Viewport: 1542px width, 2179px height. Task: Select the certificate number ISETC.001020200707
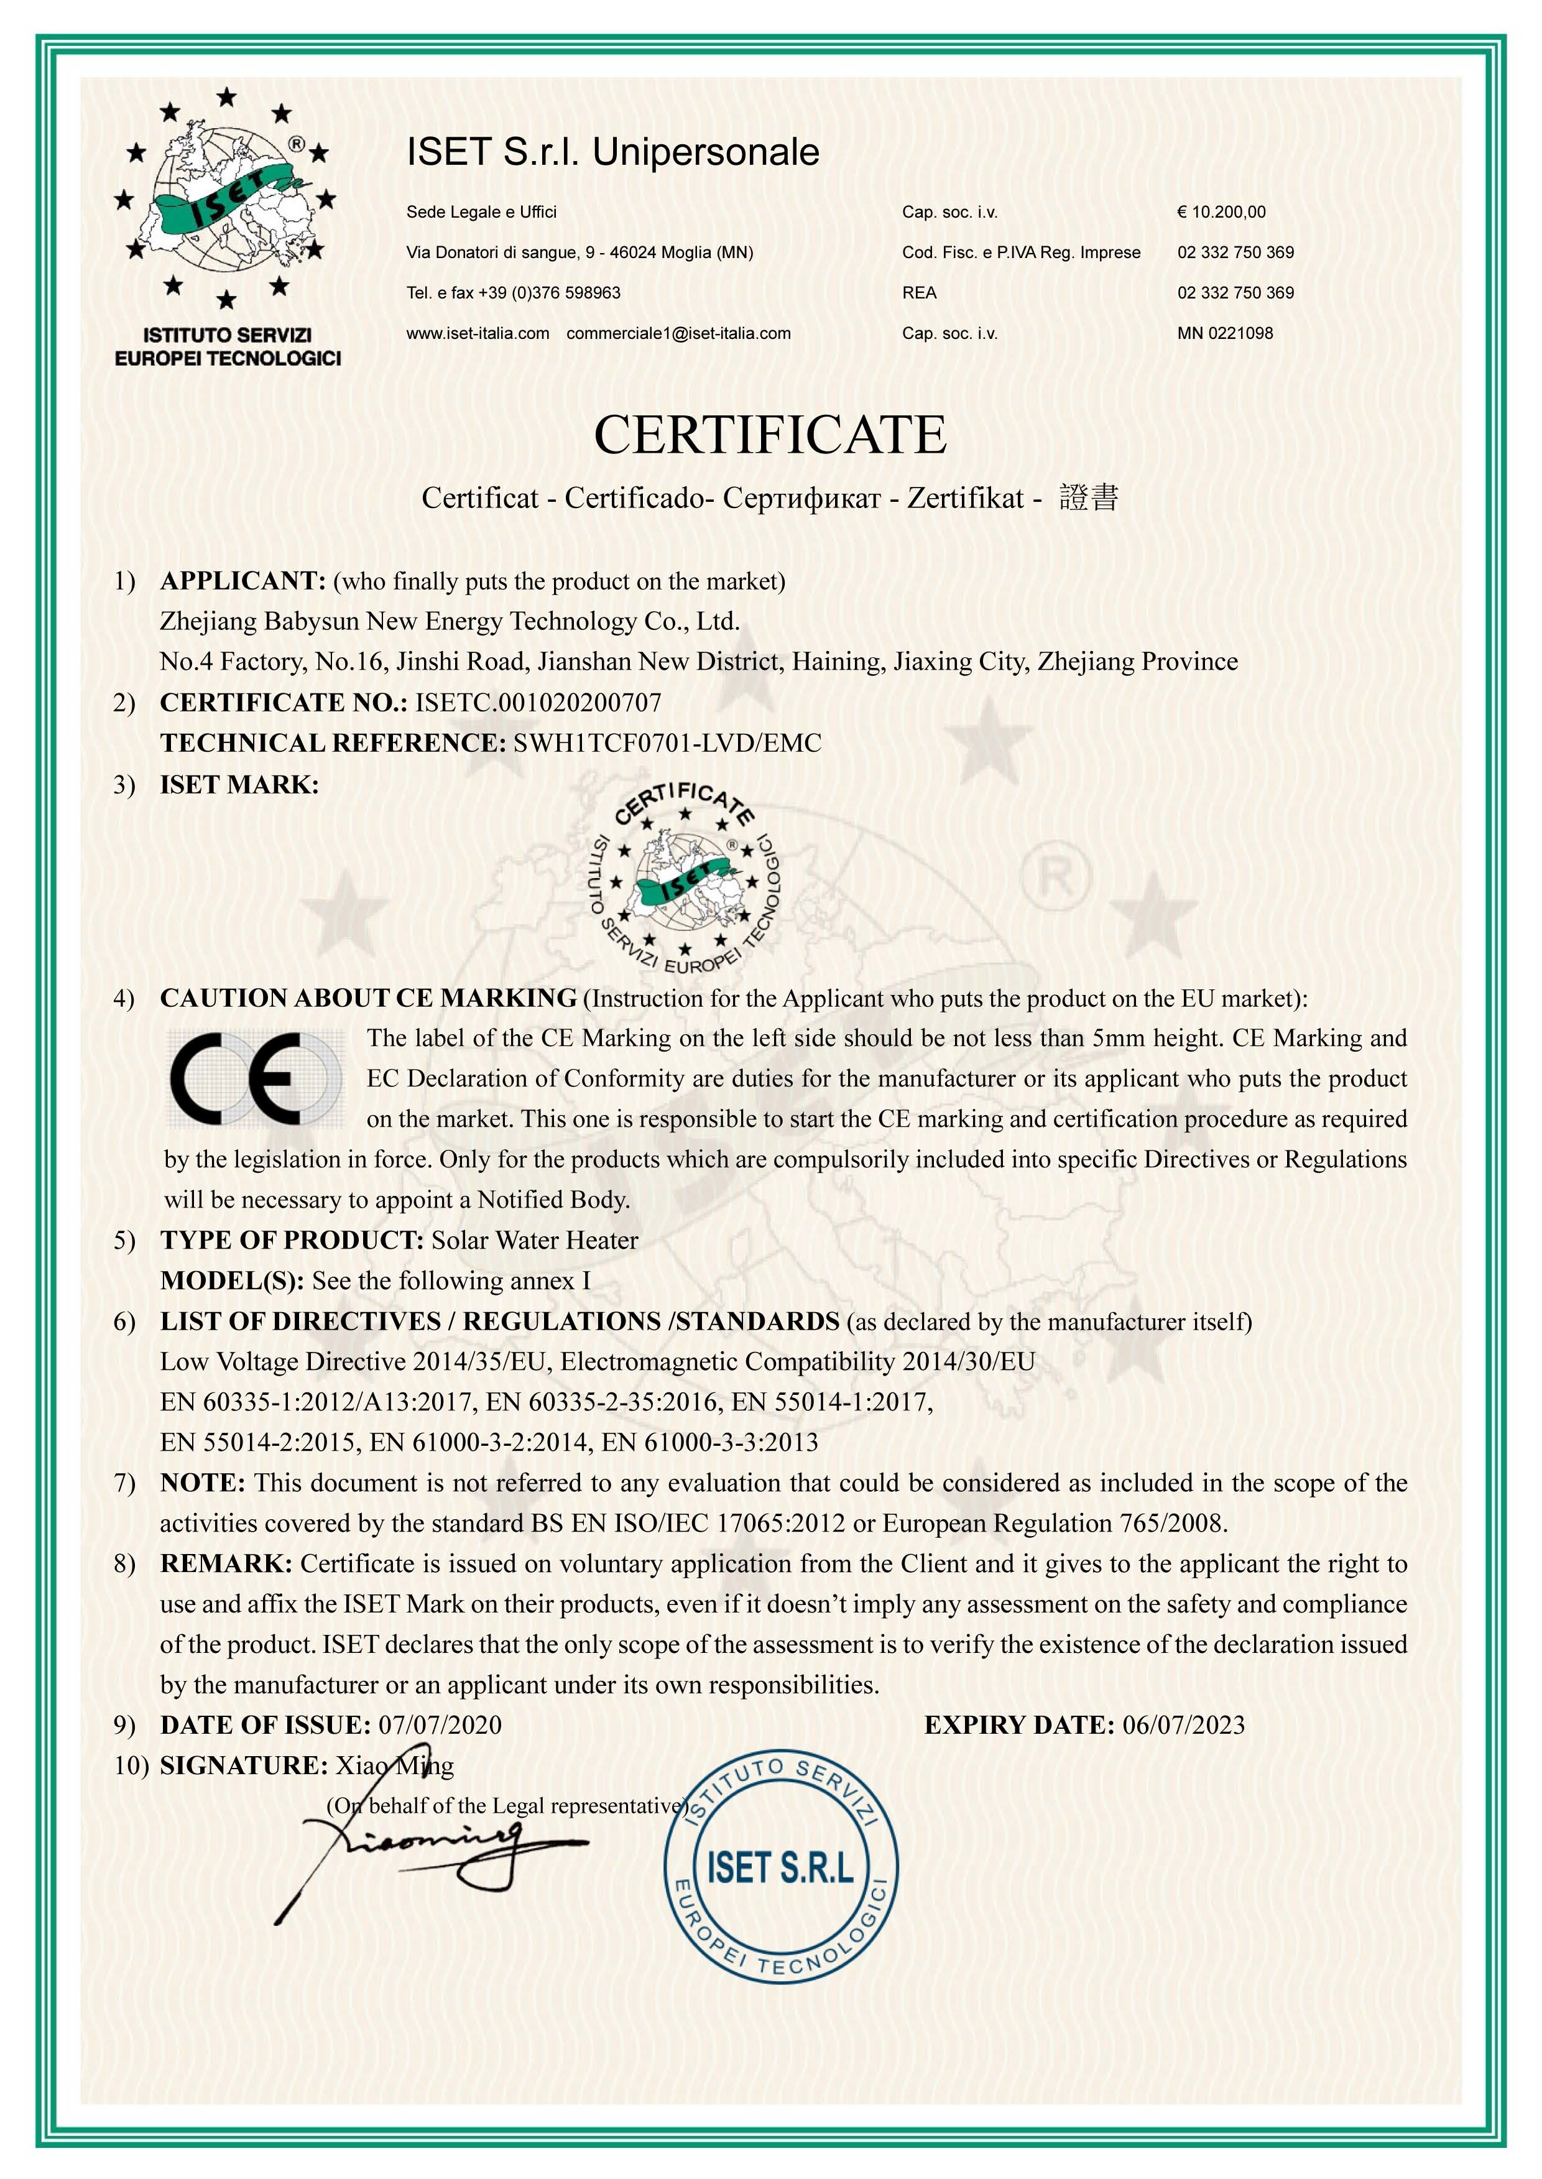(x=538, y=703)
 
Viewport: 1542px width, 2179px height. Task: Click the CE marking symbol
(x=254, y=1078)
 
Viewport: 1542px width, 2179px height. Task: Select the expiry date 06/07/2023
(x=1183, y=1725)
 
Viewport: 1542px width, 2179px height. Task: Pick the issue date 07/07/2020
(x=440, y=1725)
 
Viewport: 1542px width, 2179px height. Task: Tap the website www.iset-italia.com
(x=478, y=333)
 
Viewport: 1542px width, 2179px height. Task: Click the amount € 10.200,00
(x=1221, y=211)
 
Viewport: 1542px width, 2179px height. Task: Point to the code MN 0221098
(x=1225, y=333)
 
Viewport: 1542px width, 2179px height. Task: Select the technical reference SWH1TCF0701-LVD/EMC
(x=667, y=743)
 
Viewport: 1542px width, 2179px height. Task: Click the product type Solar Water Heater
(x=535, y=1240)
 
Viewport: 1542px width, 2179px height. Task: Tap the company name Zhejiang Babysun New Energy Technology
(x=449, y=621)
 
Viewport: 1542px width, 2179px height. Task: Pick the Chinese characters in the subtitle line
(x=1089, y=497)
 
